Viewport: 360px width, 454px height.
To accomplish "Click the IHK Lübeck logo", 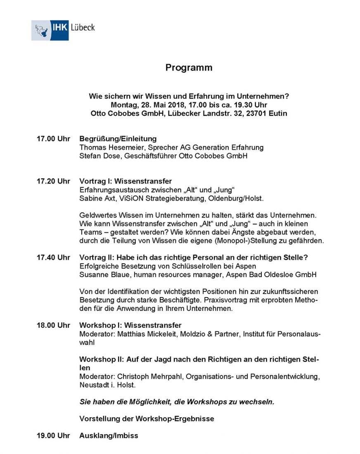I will [63, 30].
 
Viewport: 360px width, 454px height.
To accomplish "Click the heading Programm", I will [189, 68].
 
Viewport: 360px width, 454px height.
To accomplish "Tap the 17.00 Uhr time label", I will [53, 139].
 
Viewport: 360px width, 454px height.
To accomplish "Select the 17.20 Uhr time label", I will [53, 181].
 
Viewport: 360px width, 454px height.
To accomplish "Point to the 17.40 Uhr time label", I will [53, 258].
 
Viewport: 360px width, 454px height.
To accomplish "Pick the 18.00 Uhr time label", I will [53, 325].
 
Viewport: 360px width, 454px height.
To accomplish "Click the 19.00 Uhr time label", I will [53, 435].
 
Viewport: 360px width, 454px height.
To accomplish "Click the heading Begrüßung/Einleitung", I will [118, 139].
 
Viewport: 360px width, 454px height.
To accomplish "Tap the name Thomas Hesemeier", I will [107, 147].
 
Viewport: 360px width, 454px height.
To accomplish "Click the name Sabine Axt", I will [95, 199].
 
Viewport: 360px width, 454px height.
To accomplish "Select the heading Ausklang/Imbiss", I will [109, 435].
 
